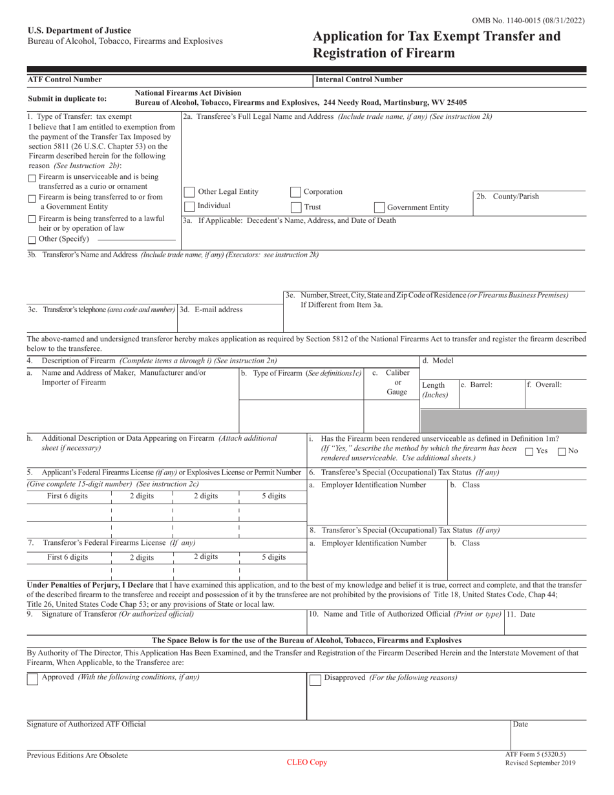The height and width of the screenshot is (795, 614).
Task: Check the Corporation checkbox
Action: [295, 192]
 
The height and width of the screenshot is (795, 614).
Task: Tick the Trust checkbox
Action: [295, 207]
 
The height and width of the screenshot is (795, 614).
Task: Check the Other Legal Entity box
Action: [189, 192]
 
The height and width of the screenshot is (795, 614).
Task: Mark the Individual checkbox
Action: [189, 206]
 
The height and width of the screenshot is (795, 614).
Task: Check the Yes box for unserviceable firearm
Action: [529, 452]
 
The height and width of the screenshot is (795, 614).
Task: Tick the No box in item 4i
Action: [562, 452]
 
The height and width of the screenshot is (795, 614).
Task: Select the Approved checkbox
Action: [32, 679]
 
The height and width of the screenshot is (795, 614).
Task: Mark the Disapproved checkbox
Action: [315, 679]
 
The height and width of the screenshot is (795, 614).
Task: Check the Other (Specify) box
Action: [32, 240]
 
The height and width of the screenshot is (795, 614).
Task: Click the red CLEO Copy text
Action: [307, 762]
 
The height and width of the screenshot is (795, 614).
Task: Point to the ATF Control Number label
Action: [64, 79]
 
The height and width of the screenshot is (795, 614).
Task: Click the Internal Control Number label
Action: [359, 79]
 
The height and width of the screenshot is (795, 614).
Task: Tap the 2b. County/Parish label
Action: [507, 196]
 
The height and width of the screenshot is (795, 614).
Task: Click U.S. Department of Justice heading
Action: [79, 30]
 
